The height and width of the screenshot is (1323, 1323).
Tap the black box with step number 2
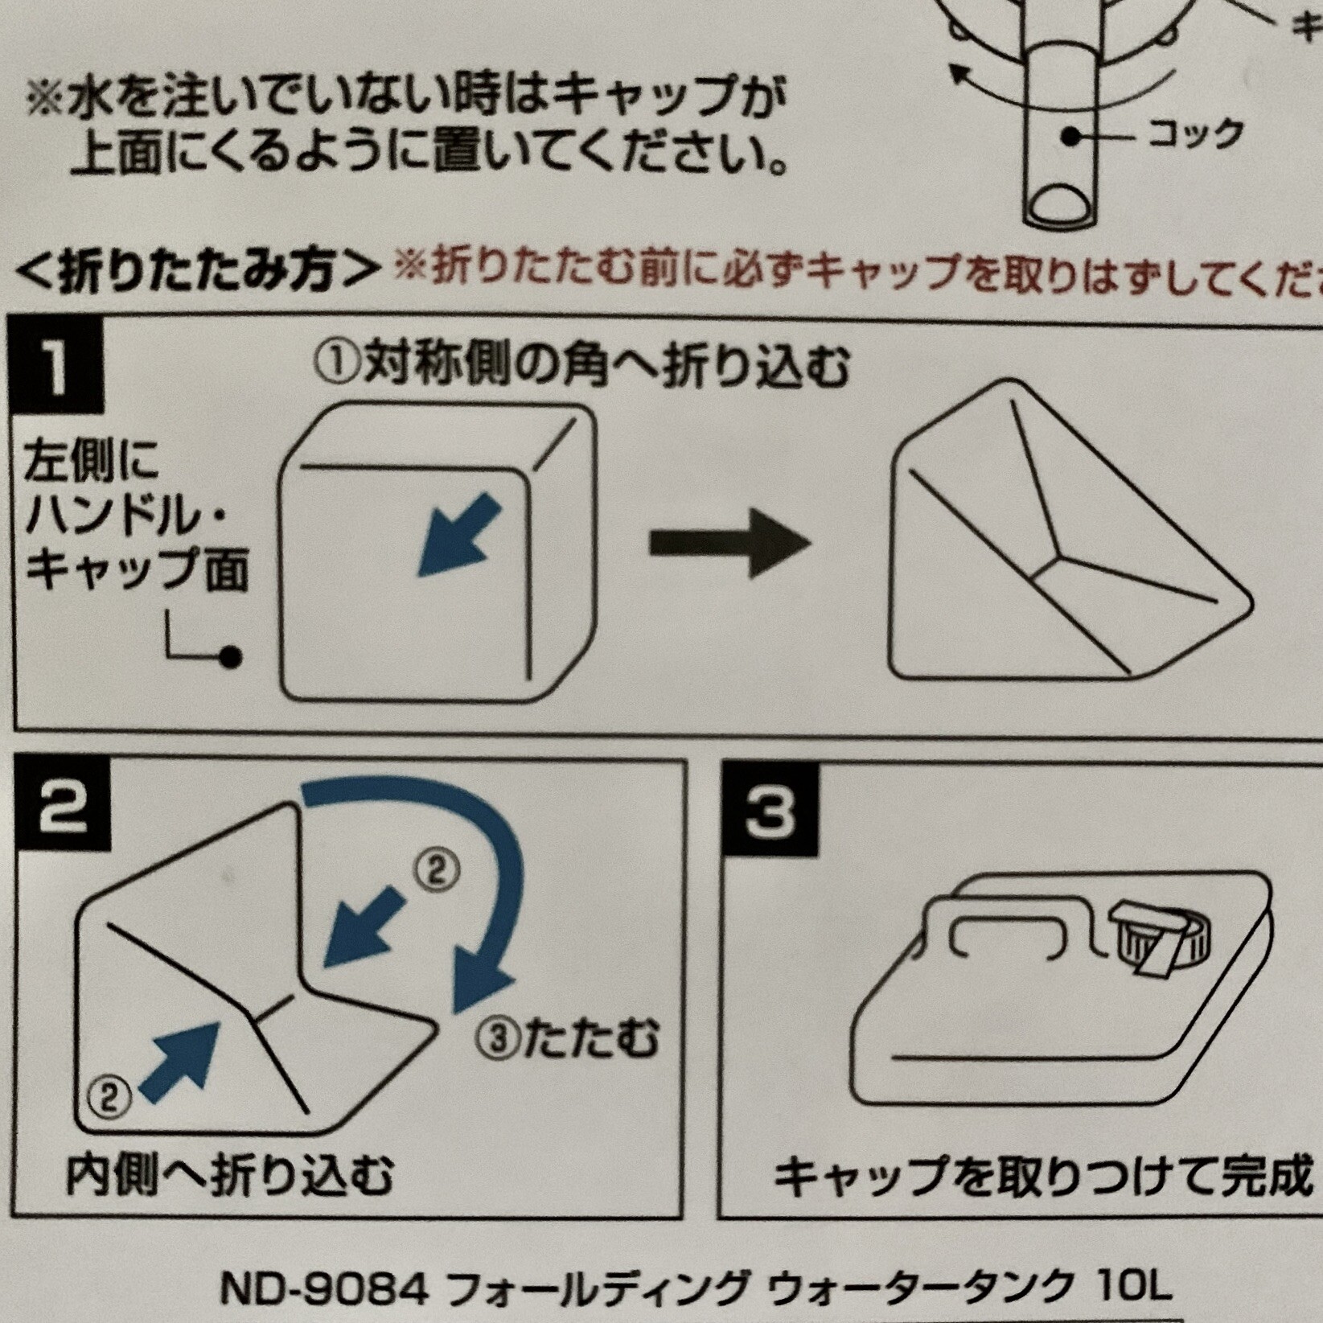[x=63, y=808]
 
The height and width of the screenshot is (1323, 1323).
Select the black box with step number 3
[x=769, y=810]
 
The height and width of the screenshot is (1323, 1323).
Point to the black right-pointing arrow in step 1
[x=730, y=543]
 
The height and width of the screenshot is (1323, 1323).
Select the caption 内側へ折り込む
[x=229, y=1176]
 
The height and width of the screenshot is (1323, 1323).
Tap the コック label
[x=1195, y=134]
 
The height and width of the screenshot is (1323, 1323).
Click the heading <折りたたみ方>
[x=197, y=271]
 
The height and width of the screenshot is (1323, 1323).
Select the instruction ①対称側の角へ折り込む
[x=581, y=367]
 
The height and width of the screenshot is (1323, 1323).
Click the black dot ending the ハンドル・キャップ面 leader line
[x=231, y=657]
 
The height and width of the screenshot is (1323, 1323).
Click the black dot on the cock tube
[x=1070, y=137]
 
